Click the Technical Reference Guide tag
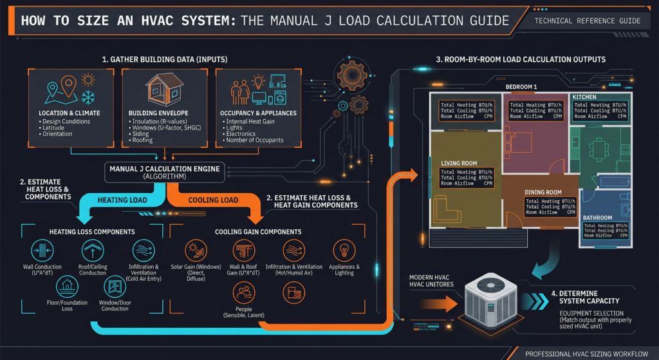click(x=588, y=21)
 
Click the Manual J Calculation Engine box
click(x=165, y=172)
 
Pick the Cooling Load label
click(x=212, y=200)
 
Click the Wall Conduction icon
click(x=44, y=251)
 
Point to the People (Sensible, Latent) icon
click(x=243, y=294)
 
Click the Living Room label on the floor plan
click(x=459, y=164)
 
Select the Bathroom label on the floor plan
click(x=597, y=218)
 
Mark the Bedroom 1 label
click(x=521, y=86)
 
